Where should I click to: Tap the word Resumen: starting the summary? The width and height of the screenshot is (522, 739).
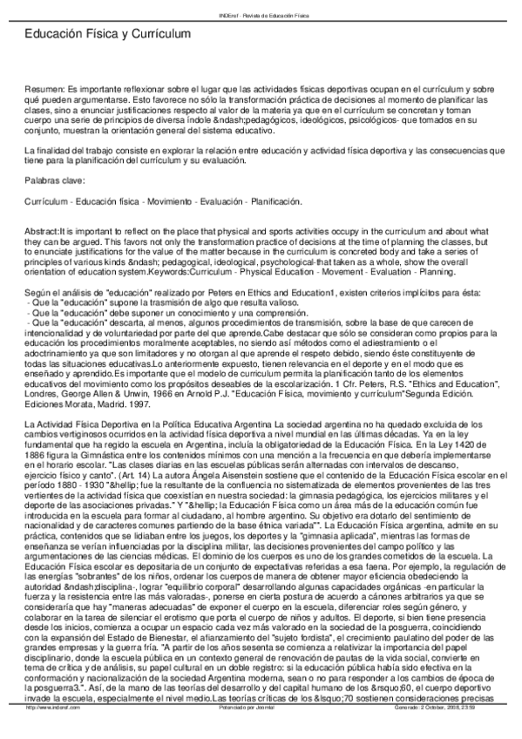click(44, 89)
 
